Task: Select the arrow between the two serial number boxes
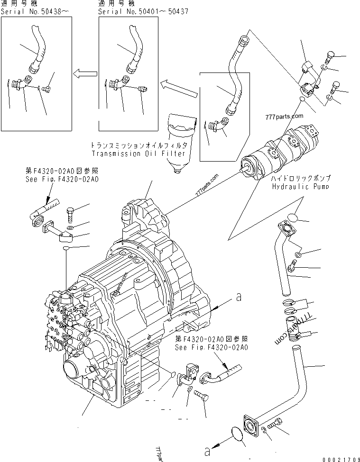tap(84, 73)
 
